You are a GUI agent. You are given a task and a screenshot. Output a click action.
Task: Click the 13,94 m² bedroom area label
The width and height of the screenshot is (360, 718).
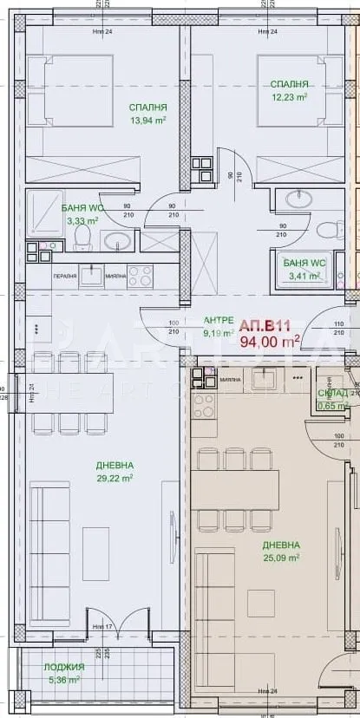(147, 121)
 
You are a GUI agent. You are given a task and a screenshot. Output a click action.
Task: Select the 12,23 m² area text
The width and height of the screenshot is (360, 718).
(289, 97)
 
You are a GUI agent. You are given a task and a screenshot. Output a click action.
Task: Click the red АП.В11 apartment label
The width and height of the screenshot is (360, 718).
(264, 325)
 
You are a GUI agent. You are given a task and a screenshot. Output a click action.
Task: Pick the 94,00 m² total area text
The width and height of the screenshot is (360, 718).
(270, 340)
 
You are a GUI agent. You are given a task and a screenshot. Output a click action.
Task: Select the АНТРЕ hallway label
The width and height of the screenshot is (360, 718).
(218, 319)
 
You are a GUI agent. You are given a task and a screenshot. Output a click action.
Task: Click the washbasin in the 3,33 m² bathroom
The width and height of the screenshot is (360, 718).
(119, 240)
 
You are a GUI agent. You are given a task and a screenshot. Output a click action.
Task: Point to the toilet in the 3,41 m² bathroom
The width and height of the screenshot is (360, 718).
(329, 231)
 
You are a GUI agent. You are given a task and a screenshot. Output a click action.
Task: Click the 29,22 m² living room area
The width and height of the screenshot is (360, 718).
(113, 477)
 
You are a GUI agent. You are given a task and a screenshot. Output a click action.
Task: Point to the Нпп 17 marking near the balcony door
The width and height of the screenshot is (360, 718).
(101, 626)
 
